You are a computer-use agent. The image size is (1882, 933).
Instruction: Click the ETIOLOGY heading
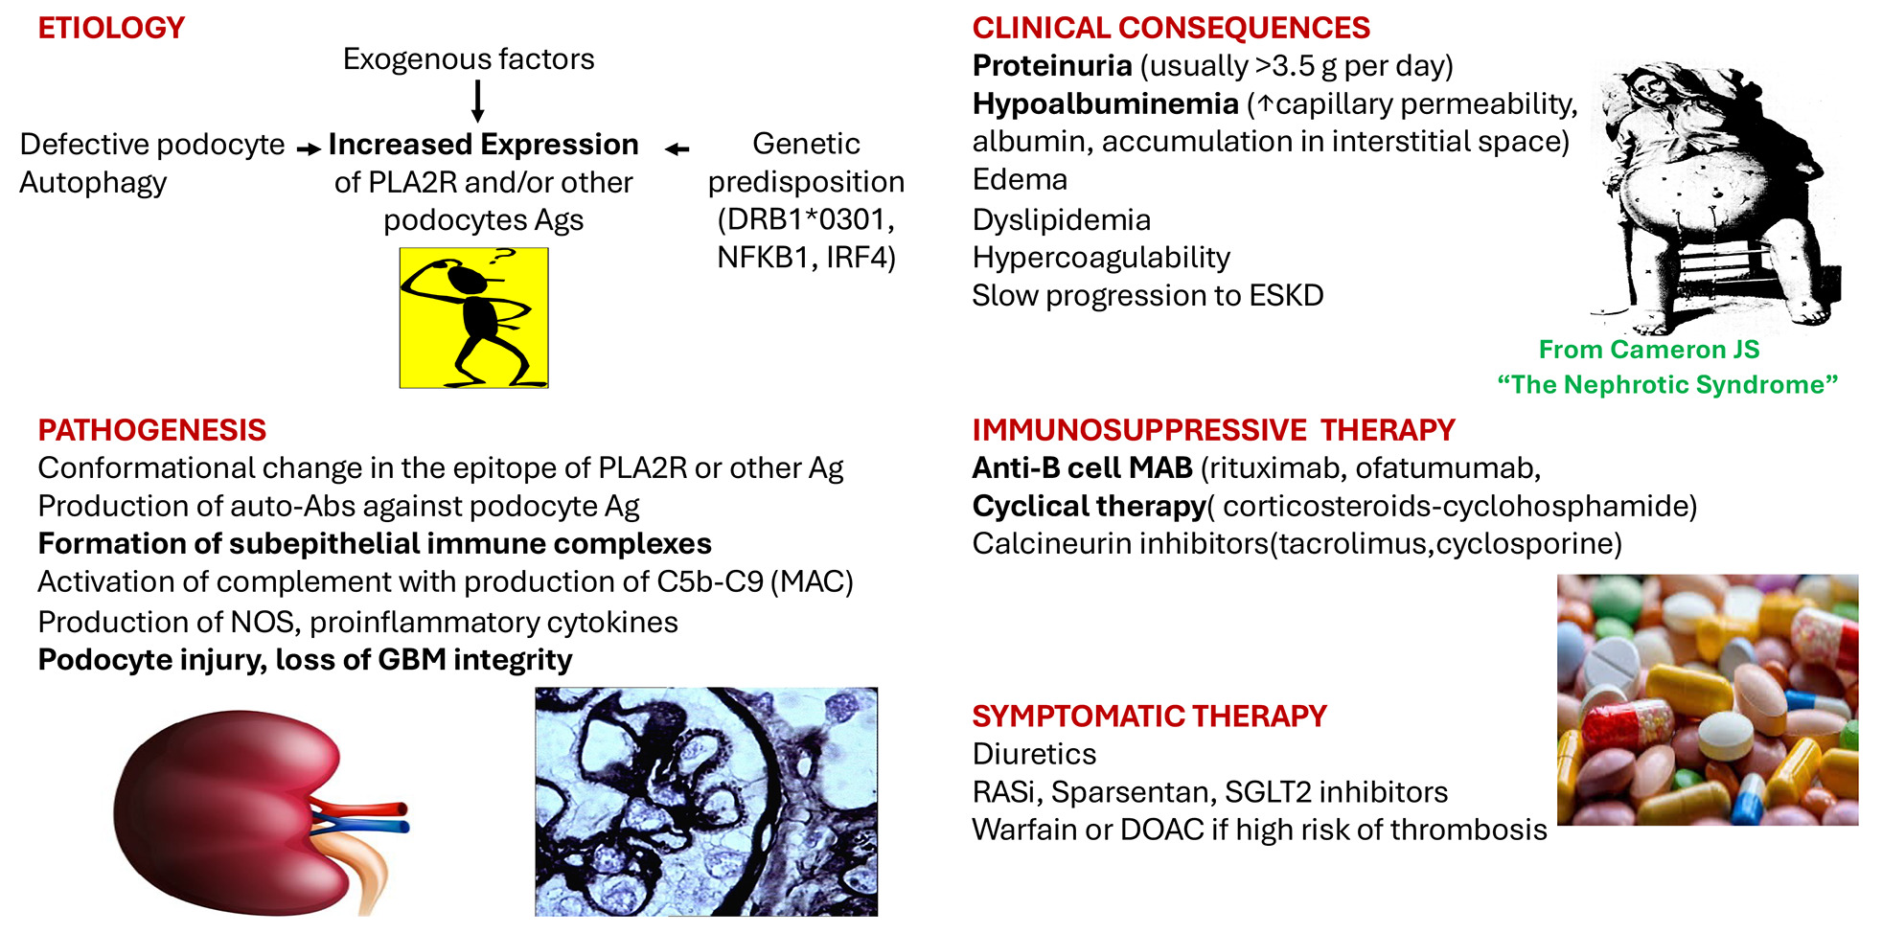coord(111,28)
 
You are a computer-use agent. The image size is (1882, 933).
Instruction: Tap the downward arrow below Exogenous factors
coord(477,101)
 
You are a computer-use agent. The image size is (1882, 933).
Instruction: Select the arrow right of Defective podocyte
coord(309,149)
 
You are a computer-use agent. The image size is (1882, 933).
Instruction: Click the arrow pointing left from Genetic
coord(677,149)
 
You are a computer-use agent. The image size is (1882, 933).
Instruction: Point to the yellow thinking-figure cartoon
coord(474,318)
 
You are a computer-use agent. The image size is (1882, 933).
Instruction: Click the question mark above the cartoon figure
coord(501,257)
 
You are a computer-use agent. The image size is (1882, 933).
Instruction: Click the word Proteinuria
coord(1052,65)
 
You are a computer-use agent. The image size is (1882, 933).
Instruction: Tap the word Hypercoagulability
coord(1101,258)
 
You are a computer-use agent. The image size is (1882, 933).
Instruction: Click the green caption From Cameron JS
coord(1649,350)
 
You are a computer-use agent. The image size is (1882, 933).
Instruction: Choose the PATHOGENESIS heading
coord(152,430)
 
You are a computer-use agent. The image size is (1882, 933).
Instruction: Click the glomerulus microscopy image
coord(706,802)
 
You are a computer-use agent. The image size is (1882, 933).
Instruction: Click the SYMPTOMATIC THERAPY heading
coord(1150,717)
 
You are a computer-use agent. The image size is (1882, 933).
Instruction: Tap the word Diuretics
coord(1034,754)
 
